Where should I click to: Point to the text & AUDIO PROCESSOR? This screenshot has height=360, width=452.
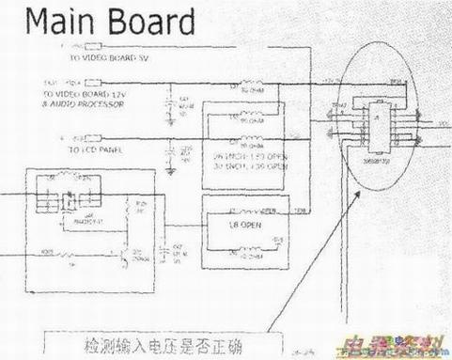76,106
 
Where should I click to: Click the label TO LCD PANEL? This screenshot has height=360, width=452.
76,149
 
